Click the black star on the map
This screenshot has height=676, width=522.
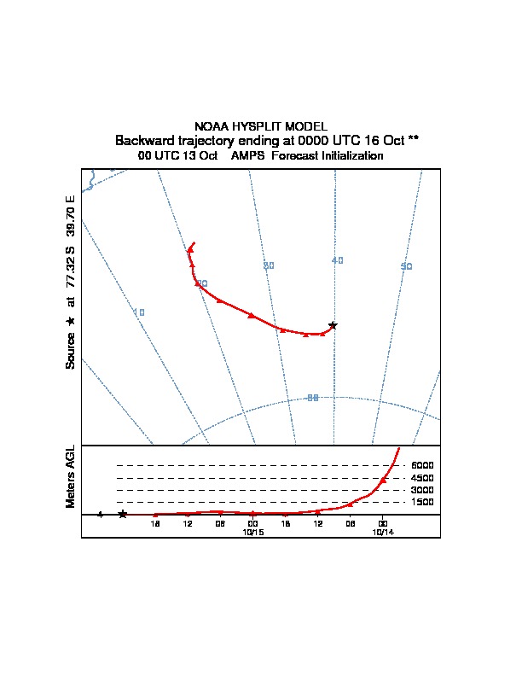[x=333, y=325]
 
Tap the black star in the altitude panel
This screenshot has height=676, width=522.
[x=123, y=514]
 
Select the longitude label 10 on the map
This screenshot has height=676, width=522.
[x=139, y=312]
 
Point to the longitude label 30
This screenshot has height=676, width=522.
[x=269, y=265]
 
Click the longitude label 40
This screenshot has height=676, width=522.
[x=338, y=259]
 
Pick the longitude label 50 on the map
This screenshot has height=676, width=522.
[x=407, y=266]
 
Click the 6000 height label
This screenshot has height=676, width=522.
[x=422, y=465]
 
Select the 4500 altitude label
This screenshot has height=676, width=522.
[x=422, y=478]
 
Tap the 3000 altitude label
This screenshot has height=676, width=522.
[x=422, y=490]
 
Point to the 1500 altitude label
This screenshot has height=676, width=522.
[x=422, y=502]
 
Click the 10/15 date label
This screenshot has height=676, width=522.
[x=253, y=532]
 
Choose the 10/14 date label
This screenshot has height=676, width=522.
[x=383, y=532]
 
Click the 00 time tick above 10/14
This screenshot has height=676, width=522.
[x=383, y=523]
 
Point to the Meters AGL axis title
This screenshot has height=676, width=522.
[x=71, y=476]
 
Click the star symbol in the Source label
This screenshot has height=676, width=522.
[x=71, y=321]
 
